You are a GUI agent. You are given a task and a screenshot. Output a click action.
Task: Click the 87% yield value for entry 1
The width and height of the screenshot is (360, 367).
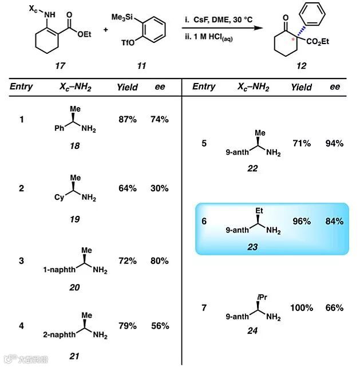pos(127,120)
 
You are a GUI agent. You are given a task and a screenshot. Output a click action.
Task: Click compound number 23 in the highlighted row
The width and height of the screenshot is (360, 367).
pos(252,247)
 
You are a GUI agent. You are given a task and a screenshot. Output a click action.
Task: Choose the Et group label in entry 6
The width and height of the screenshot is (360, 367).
pos(258,211)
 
